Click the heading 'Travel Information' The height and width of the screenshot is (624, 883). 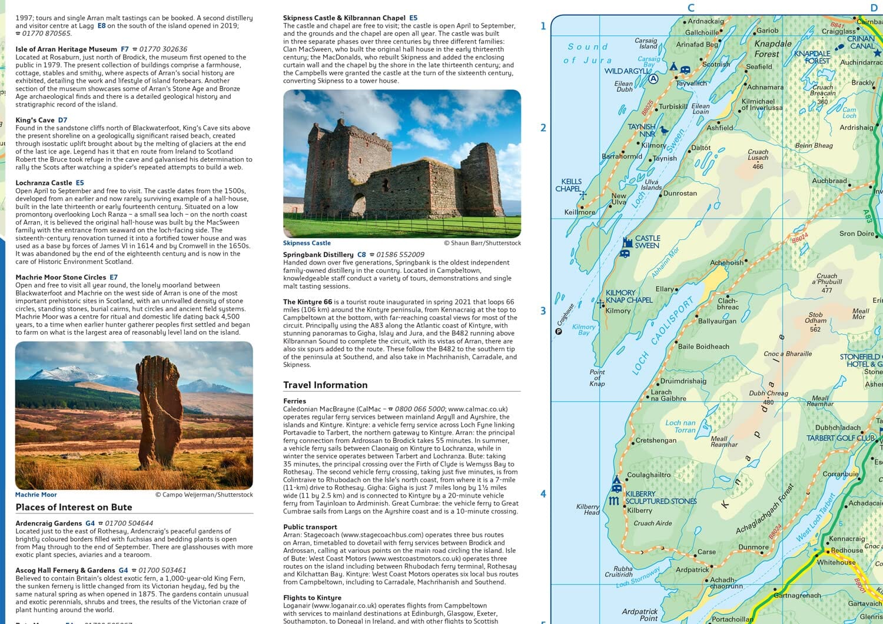325,385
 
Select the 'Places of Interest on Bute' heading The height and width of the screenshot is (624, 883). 74,508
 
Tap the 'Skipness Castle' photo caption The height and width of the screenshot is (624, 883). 307,243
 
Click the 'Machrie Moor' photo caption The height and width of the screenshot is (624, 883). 36,495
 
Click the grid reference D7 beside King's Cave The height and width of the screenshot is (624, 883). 62,120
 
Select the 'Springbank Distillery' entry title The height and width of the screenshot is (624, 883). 318,255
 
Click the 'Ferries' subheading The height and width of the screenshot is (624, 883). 294,401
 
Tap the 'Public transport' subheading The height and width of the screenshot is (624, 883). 310,527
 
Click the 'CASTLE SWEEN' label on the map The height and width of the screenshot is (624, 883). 647,242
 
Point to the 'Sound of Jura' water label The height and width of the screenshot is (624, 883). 588,53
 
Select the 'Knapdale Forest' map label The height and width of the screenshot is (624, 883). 772,49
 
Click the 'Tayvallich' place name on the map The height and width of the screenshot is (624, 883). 691,84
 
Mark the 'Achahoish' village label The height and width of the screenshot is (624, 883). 726,263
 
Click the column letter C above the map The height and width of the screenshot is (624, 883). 691,8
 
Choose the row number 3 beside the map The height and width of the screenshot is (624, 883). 543,311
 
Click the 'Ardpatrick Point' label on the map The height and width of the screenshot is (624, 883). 639,615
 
